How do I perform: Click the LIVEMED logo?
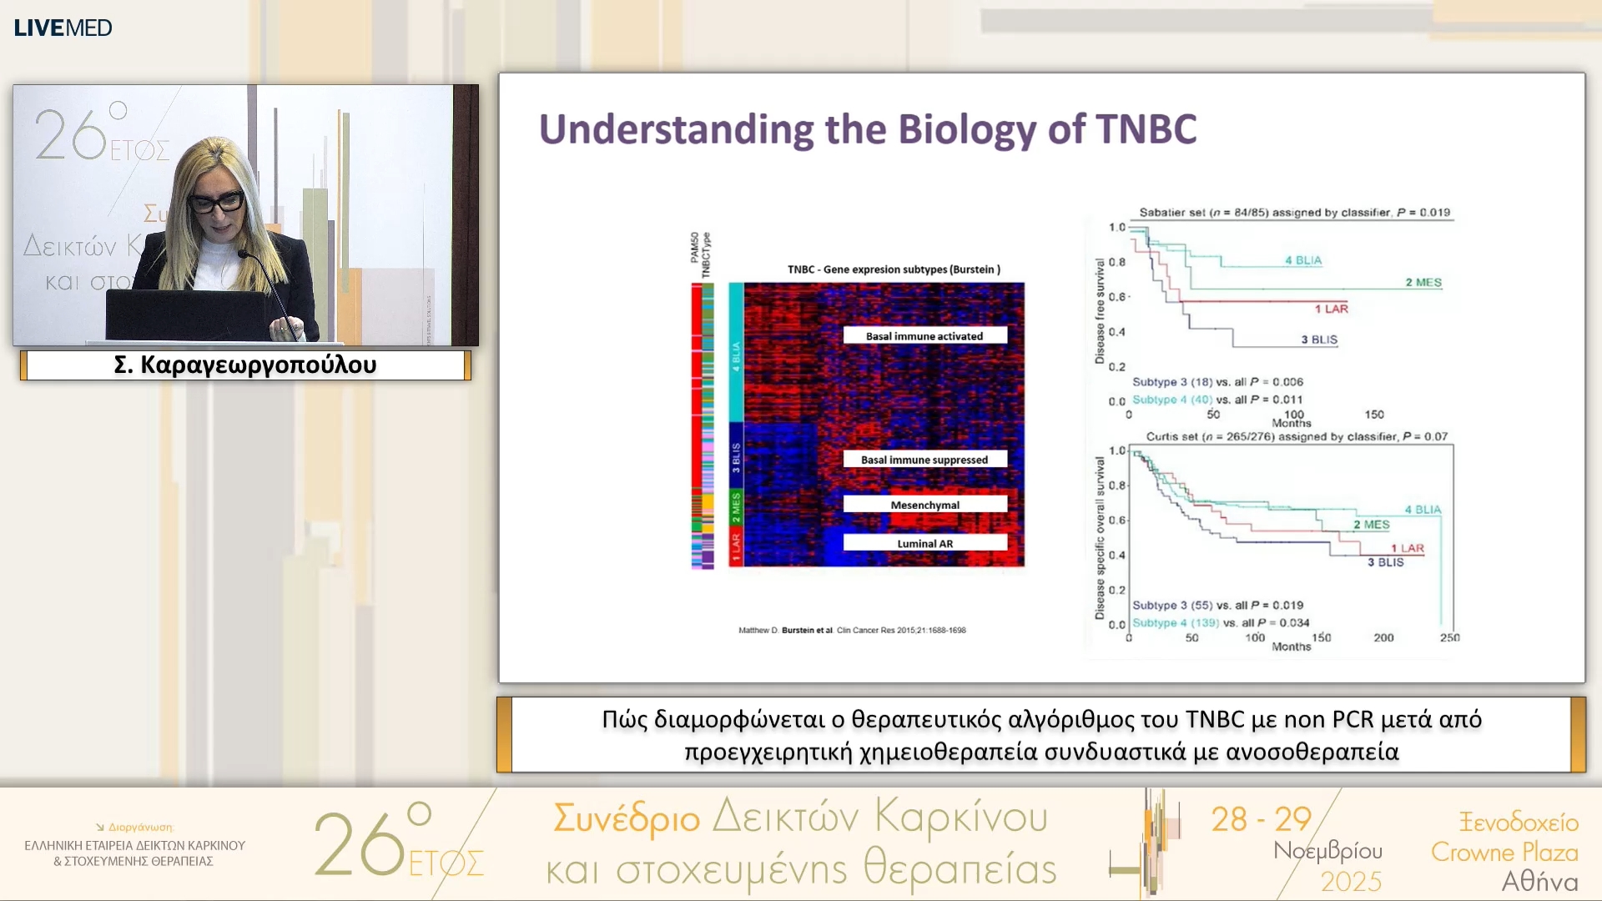coord(63,28)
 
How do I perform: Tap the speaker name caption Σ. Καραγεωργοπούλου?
coord(245,365)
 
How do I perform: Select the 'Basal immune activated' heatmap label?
coord(924,336)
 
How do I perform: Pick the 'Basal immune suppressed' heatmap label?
coord(924,460)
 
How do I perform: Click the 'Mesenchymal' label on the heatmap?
coord(924,505)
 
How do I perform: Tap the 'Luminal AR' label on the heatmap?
coord(924,543)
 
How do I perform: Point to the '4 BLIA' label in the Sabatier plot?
coord(1303,260)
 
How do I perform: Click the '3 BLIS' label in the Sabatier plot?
coord(1319,340)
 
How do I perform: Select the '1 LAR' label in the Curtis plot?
coord(1408,548)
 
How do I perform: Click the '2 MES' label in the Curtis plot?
coord(1371,525)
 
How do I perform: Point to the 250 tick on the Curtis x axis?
coord(1449,637)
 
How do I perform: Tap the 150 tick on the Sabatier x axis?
coord(1374,414)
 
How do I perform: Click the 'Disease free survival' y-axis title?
coord(1100,310)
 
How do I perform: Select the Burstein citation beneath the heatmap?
coord(852,630)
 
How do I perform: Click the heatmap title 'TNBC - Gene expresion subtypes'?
coord(894,269)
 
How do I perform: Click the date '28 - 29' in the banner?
coord(1262,819)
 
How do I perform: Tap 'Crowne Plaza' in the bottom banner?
coord(1504,852)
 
